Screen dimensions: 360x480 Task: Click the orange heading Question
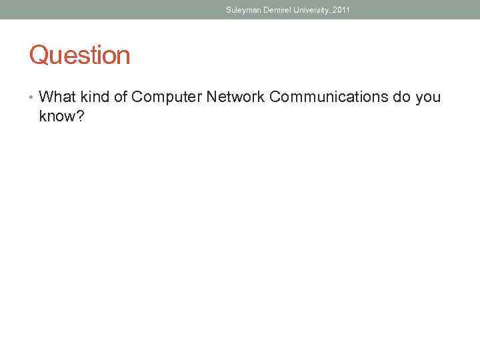79,55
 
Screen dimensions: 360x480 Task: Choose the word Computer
166,97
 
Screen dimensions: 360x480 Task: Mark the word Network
235,97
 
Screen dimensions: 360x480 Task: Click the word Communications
329,97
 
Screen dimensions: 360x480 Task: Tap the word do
401,97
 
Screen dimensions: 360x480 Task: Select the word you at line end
427,99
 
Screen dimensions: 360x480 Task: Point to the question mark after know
80,117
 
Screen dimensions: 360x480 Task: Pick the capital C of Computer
137,97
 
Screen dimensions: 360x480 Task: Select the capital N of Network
211,97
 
